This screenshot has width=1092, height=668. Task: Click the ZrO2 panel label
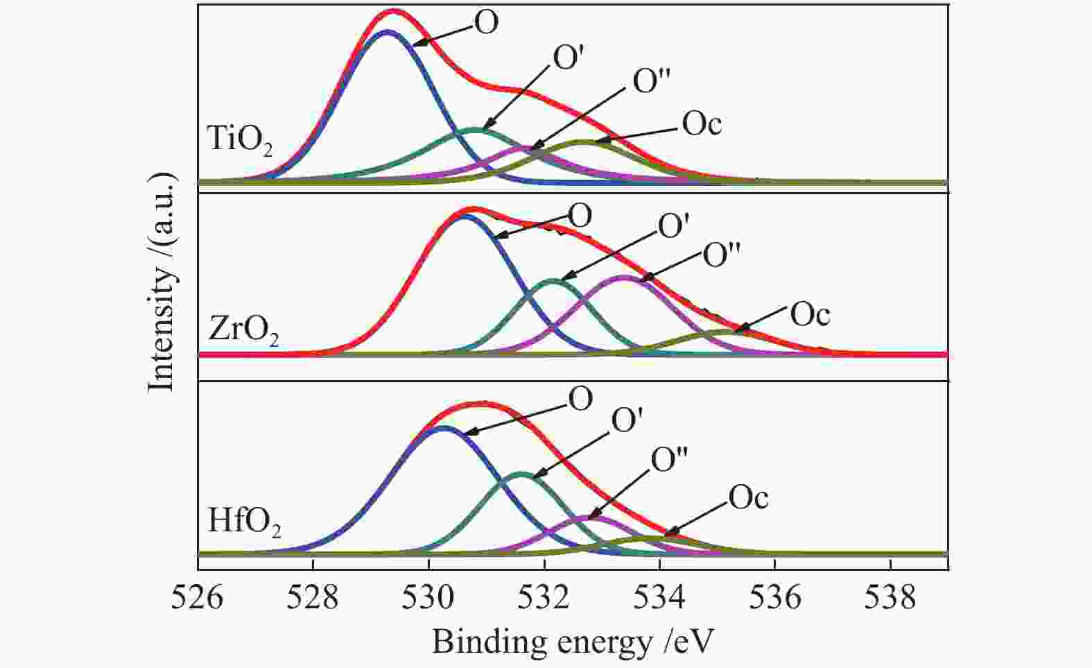243,332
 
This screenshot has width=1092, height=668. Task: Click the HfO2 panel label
244,522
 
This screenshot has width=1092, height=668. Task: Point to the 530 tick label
428,596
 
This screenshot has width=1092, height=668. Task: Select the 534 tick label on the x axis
659,596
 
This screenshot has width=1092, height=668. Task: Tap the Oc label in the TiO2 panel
702,124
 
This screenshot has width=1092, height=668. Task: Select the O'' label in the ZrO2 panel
722,255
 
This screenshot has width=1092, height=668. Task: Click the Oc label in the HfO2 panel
748,497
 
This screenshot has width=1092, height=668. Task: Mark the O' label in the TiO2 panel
570,58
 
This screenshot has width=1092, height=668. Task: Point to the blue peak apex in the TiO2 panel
387,31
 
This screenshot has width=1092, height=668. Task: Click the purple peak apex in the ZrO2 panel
624,277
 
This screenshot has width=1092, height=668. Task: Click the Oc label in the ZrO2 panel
810,316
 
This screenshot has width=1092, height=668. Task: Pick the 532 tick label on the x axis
544,596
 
